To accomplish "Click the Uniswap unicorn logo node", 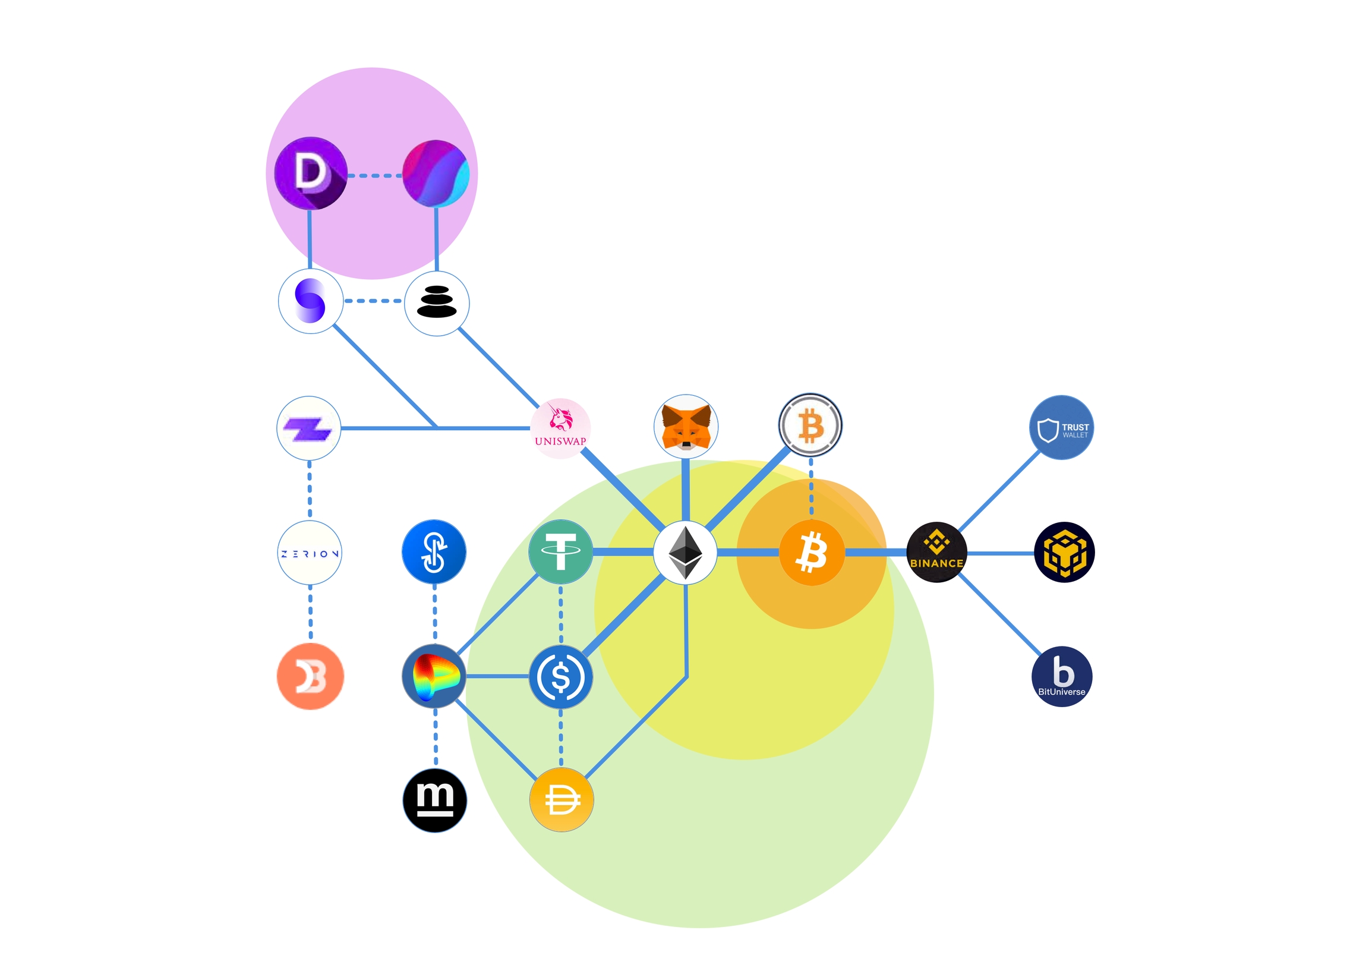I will point(560,428).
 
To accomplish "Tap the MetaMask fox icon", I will point(686,426).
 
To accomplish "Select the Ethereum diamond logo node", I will point(685,552).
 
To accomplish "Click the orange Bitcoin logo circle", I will point(812,552).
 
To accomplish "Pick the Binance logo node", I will point(936,552).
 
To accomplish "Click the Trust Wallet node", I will point(1061,427).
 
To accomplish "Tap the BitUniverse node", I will point(1061,676).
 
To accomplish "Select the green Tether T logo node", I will point(560,552).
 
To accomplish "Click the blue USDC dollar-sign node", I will point(560,676).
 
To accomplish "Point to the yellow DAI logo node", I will point(561,799).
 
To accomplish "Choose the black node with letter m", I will point(435,800).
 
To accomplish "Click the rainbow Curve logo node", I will point(434,676).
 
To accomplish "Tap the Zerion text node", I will point(310,553).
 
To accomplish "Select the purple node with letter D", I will point(311,173).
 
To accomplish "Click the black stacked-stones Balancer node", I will point(437,303).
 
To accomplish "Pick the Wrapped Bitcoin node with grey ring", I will point(810,426).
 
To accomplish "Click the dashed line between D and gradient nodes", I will point(374,175).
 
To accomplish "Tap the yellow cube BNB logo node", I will point(1064,552).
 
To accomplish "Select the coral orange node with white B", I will point(310,676).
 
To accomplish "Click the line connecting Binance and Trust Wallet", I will point(999,490).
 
